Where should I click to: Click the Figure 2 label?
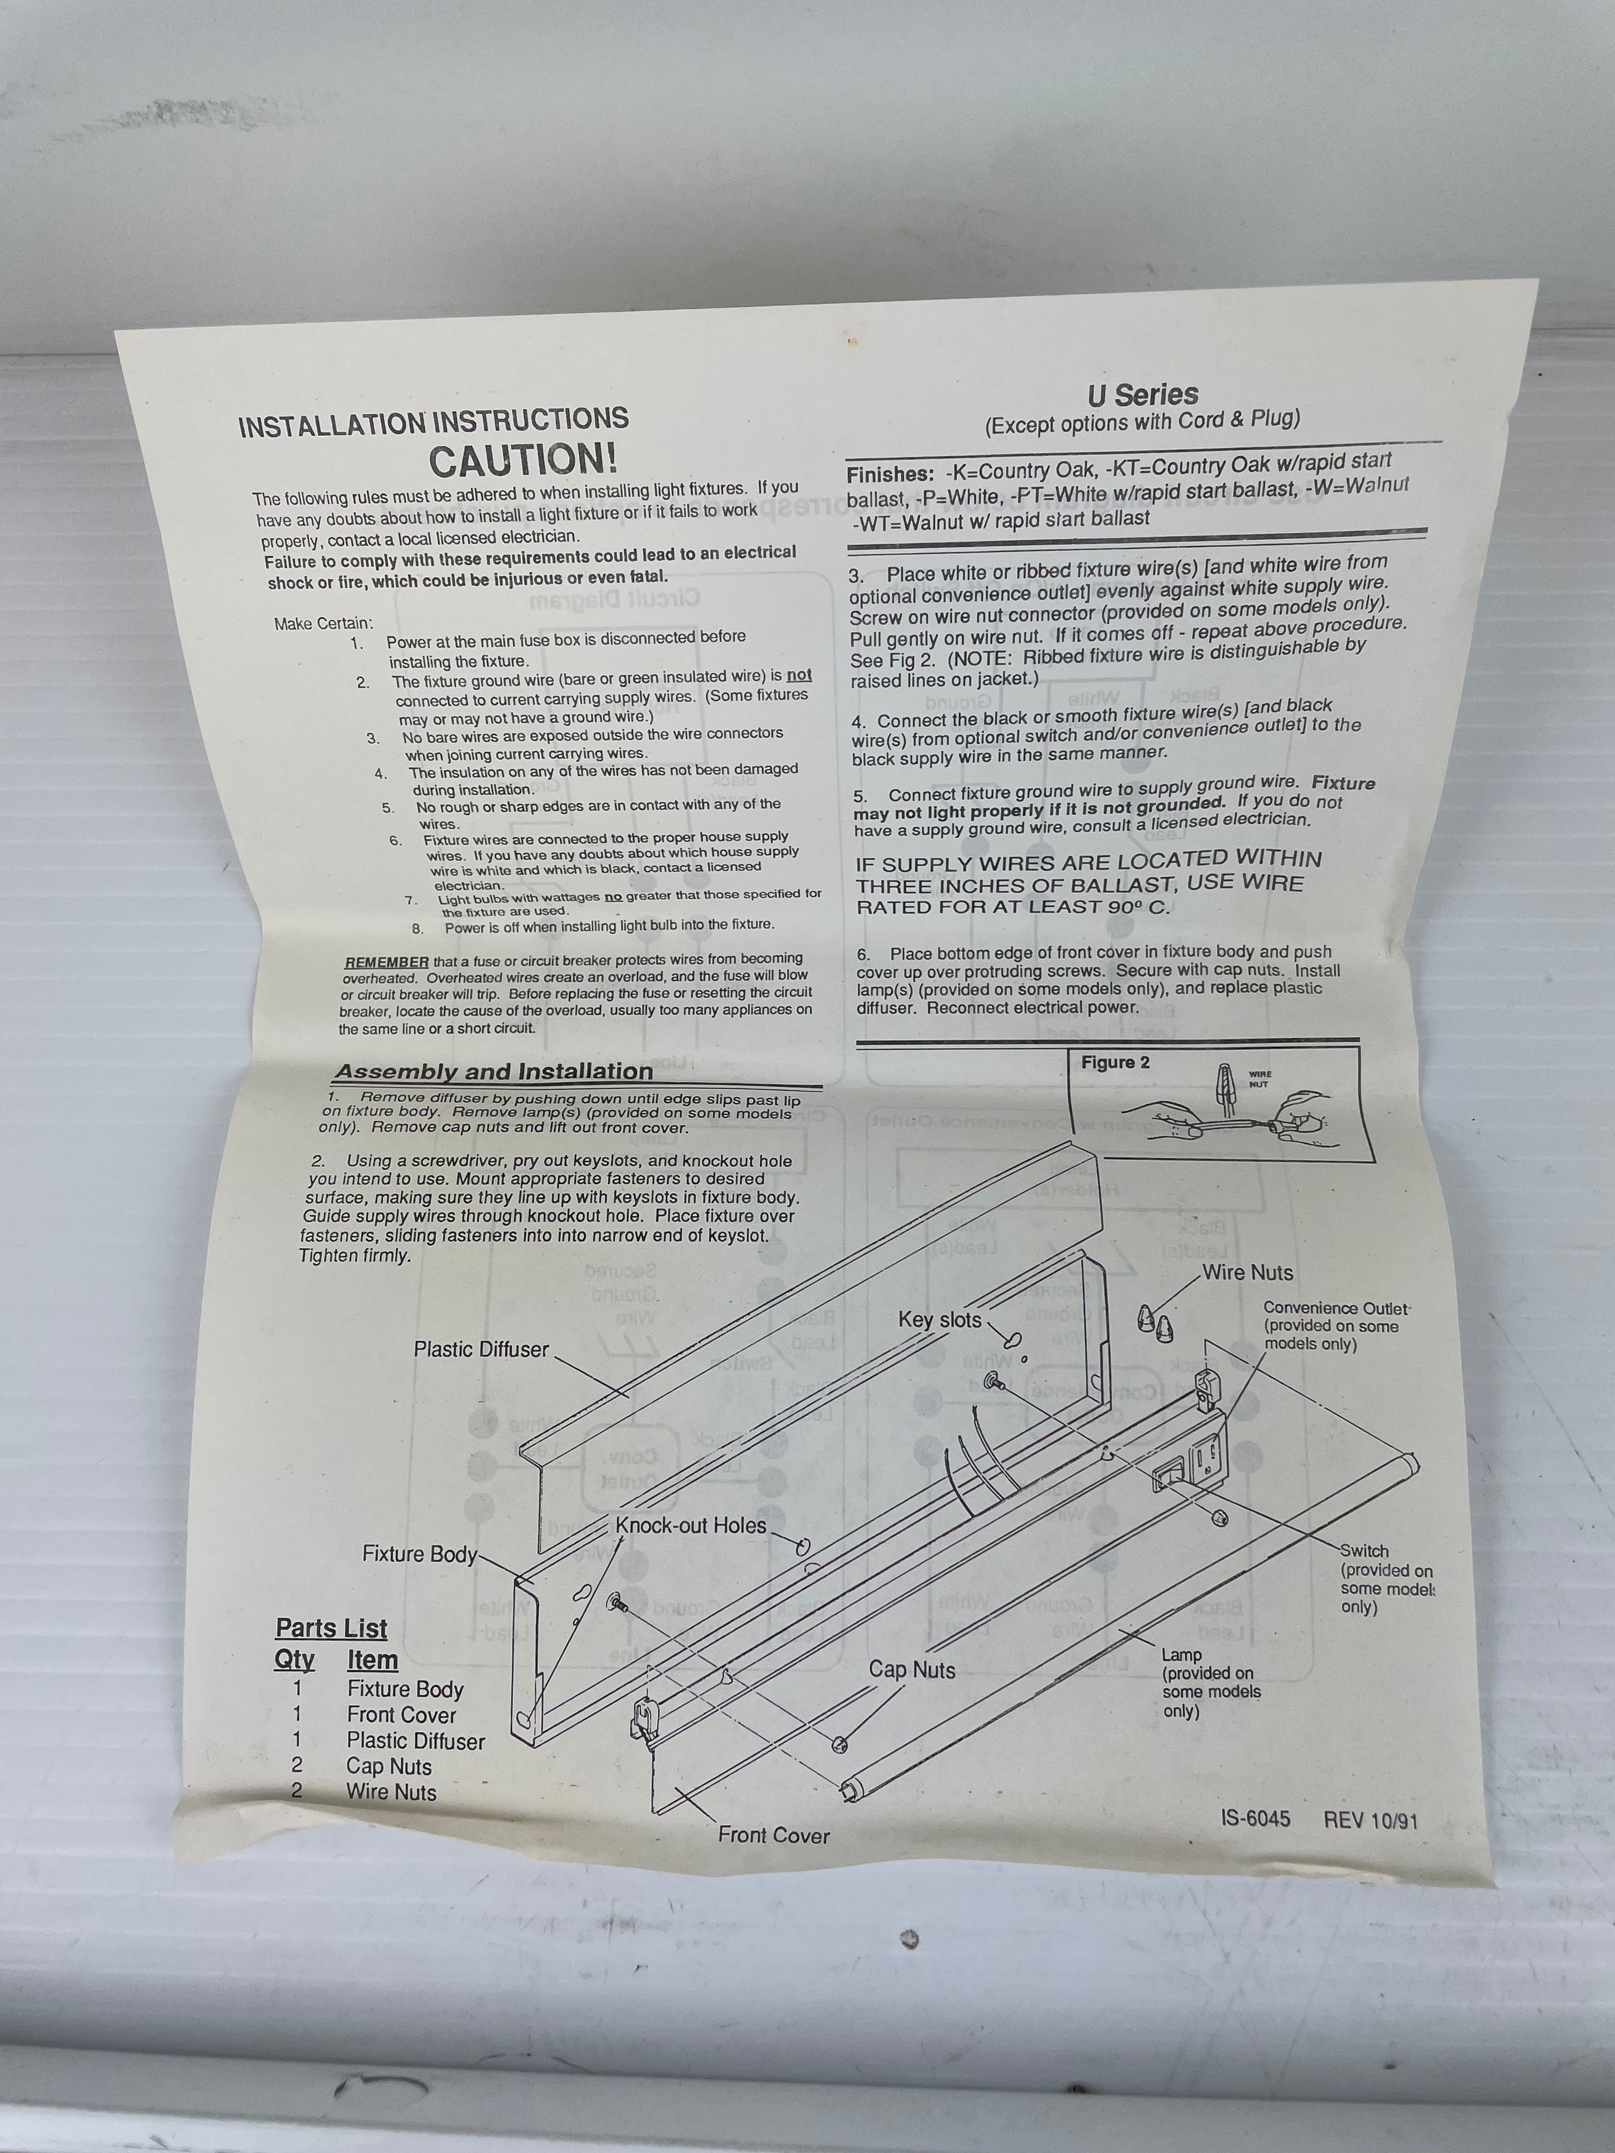tap(1115, 1063)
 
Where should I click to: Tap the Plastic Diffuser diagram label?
tap(481, 1350)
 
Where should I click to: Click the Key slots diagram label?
tap(939, 1320)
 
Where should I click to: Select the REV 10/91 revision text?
tap(1370, 1820)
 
